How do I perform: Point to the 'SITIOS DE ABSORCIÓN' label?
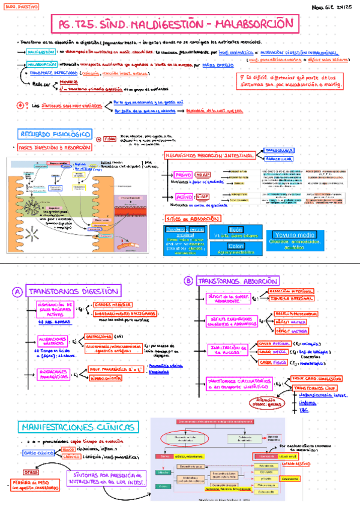tap(190, 220)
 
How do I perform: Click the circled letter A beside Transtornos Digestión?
tap(17, 292)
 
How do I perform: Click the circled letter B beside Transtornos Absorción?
tap(188, 281)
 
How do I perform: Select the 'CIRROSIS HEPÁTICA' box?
tap(112, 304)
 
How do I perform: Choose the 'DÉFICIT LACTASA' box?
tap(292, 330)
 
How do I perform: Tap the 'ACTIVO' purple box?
tap(183, 196)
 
